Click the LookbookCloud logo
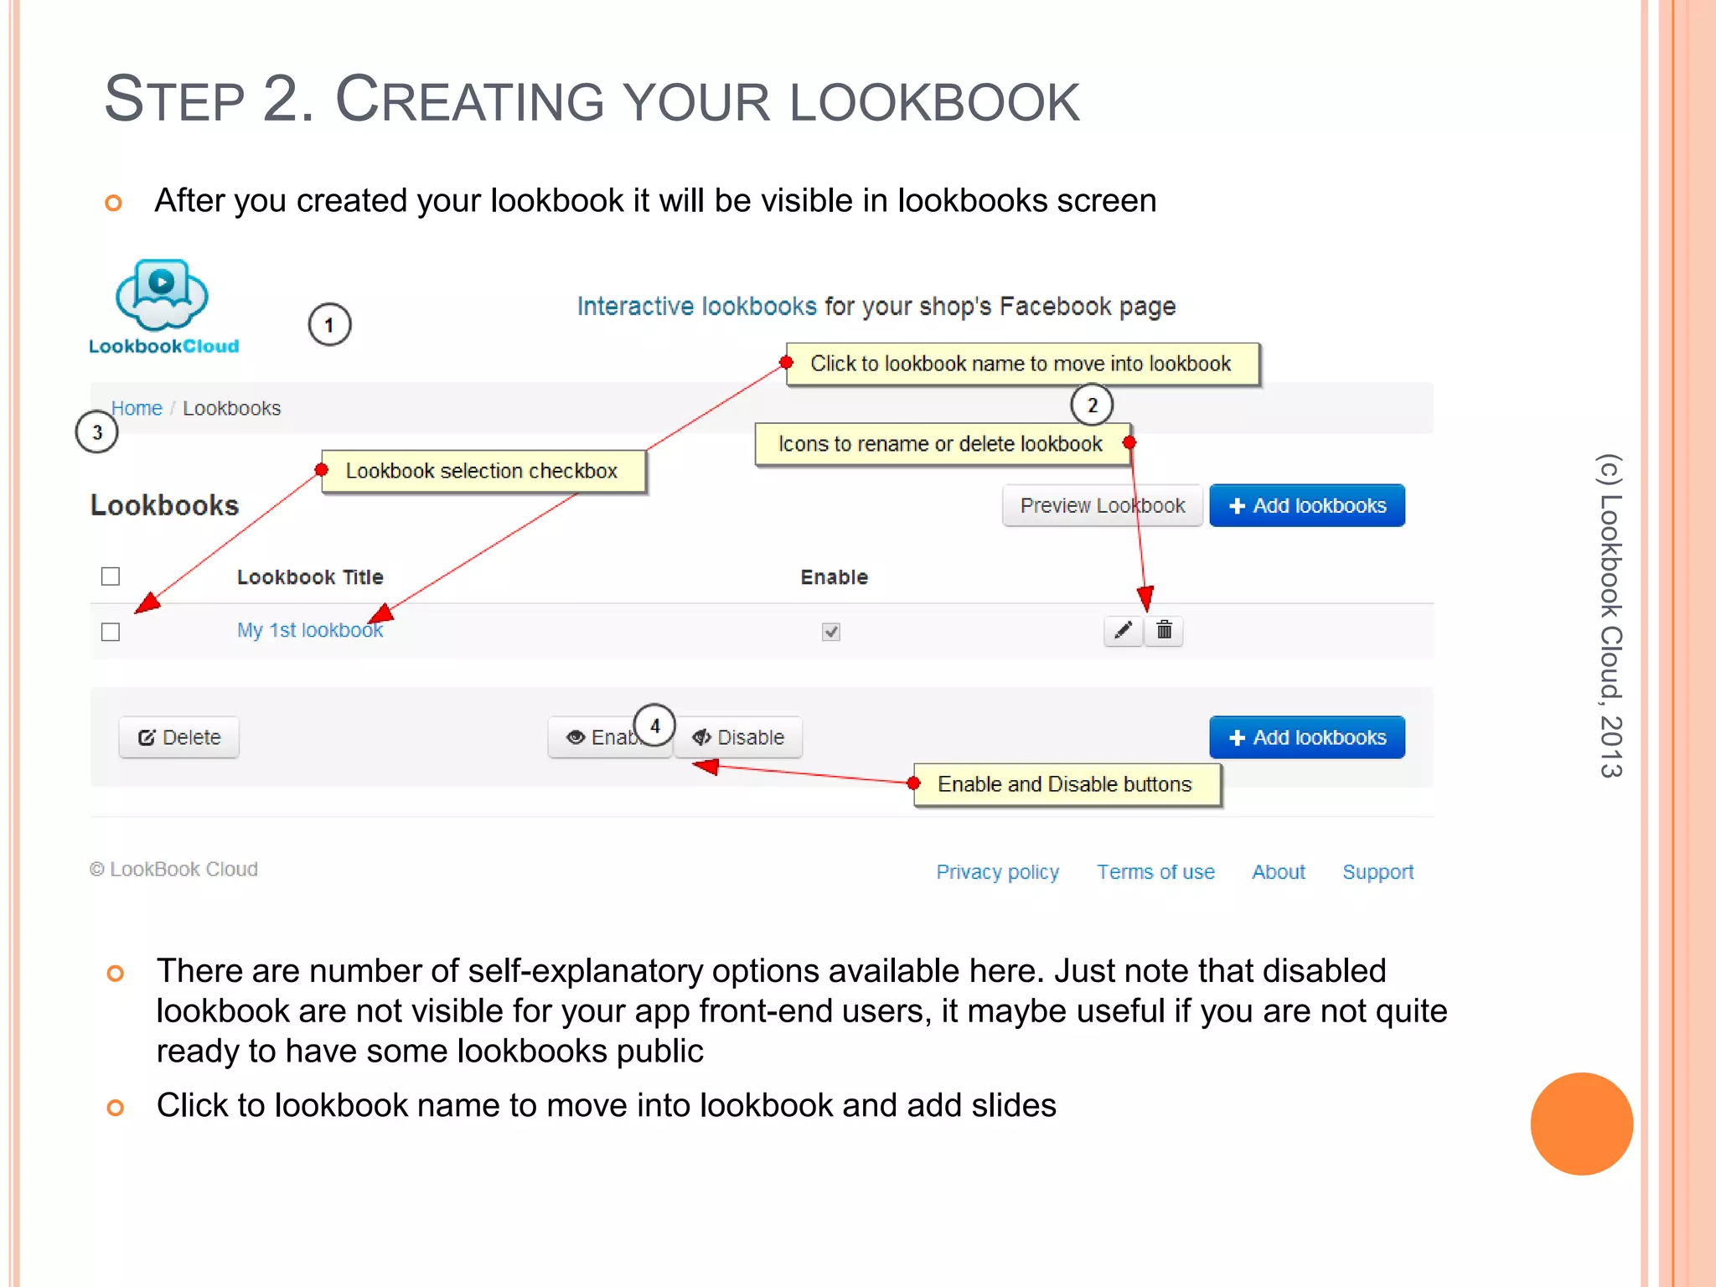pyautogui.click(x=163, y=307)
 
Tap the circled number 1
pyautogui.click(x=329, y=325)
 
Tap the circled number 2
pyautogui.click(x=1092, y=406)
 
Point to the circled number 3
pyautogui.click(x=97, y=432)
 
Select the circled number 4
pyautogui.click(x=654, y=726)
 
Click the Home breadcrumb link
pyautogui.click(x=137, y=408)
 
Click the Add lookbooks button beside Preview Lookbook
pyautogui.click(x=1306, y=505)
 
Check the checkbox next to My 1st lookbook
pyautogui.click(x=111, y=632)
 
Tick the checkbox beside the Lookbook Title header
pyautogui.click(x=111, y=576)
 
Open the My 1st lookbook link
pyautogui.click(x=309, y=630)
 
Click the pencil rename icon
pyautogui.click(x=1124, y=630)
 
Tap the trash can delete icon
pyautogui.click(x=1165, y=630)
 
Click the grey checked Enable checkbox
pyautogui.click(x=831, y=632)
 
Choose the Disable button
pyautogui.click(x=738, y=737)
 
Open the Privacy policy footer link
pyautogui.click(x=997, y=872)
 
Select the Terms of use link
pyautogui.click(x=1155, y=872)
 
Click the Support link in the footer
pyautogui.click(x=1377, y=872)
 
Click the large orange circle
pyautogui.click(x=1581, y=1124)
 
